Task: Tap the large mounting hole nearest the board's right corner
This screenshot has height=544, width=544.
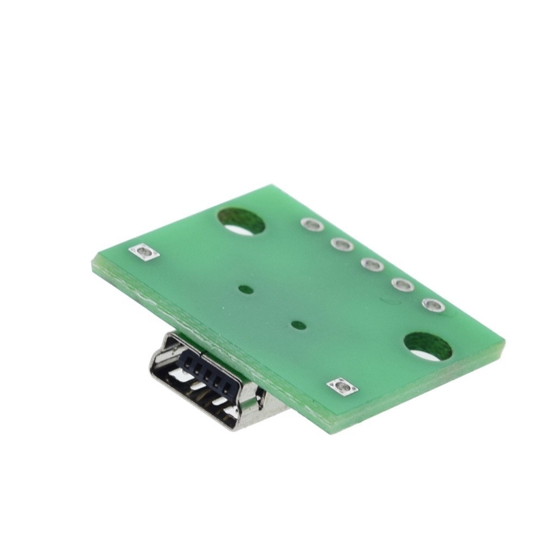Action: coord(428,347)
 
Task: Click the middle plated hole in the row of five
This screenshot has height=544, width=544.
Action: coord(372,265)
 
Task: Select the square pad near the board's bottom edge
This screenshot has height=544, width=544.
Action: coord(343,387)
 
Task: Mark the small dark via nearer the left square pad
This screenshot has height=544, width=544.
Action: coord(245,290)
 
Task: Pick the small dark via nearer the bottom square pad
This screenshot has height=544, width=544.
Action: coord(298,325)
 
